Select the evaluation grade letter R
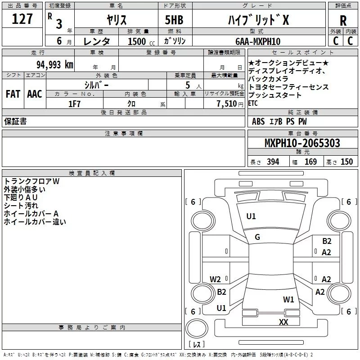pos(343,21)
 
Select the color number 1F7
pos(74,103)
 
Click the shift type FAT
pos(13,94)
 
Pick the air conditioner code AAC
pos(34,94)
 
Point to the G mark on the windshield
pos(257,237)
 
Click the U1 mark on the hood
pos(251,216)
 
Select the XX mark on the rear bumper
pos(283,322)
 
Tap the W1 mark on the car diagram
pos(288,299)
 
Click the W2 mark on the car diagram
pos(216,279)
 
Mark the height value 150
pos(346,162)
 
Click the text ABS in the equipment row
pos(258,121)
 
